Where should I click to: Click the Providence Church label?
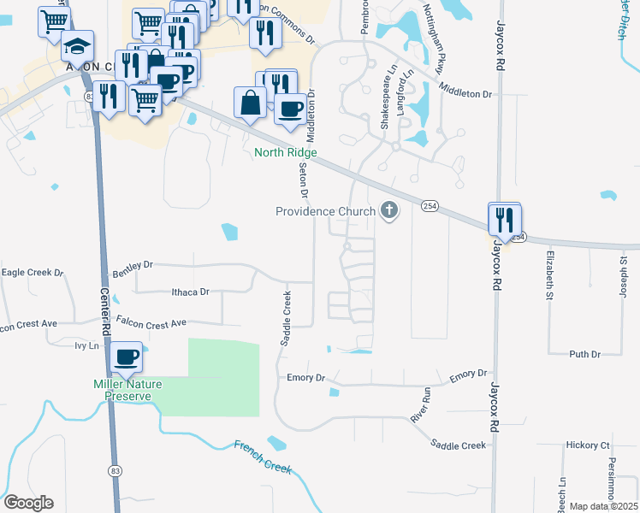[x=325, y=211]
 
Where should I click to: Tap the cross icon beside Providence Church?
[x=389, y=210]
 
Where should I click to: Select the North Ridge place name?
[x=286, y=153]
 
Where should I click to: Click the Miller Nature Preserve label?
[x=127, y=390]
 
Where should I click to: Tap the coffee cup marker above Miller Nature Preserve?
[x=127, y=357]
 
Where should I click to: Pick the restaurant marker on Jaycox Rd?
[x=505, y=220]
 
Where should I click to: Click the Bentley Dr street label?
[x=132, y=268]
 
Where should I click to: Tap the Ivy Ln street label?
[x=87, y=345]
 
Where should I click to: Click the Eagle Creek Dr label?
[x=33, y=273]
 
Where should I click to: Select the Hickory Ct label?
[x=587, y=445]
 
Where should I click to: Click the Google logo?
[x=28, y=503]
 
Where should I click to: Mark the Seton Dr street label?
[x=303, y=180]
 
